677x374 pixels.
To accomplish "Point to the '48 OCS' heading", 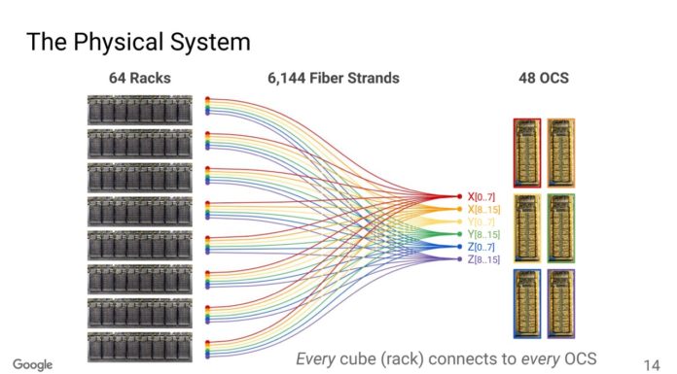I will [x=542, y=79].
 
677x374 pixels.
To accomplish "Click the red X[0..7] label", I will [x=481, y=197].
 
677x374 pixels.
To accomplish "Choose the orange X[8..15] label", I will [x=483, y=210].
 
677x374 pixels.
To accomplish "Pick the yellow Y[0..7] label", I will [x=481, y=222].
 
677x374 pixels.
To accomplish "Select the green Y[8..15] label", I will [x=483, y=235].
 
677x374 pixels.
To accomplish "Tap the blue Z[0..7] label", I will [x=481, y=248].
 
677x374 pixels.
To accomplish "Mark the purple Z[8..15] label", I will [x=483, y=260].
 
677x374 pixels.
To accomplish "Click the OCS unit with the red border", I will [x=526, y=152].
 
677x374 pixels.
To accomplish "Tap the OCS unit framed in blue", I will [x=526, y=303].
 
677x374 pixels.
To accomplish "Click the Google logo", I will [x=32, y=364].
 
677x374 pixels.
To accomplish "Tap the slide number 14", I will [x=652, y=358].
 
